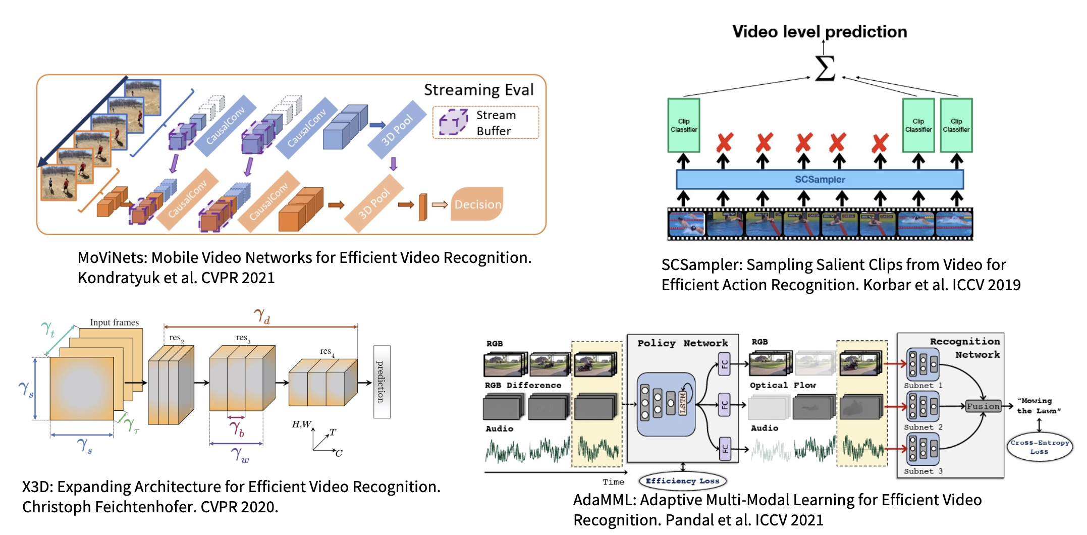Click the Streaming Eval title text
pos(478,90)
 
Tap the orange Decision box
pos(477,204)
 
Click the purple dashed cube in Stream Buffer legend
pos(453,123)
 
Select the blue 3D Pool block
pos(397,130)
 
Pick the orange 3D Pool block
pos(374,203)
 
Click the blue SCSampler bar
pos(820,179)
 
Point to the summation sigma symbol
pos(825,68)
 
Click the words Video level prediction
pos(820,32)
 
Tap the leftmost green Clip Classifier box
pos(684,125)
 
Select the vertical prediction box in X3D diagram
pos(382,382)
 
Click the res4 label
pos(327,351)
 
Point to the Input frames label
pos(114,323)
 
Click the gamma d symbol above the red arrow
pos(262,316)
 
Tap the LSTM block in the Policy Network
pos(683,403)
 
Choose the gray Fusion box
pos(983,406)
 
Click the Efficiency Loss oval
pos(682,481)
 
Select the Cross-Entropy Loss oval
pos(1040,447)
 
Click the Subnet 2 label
pos(923,427)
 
